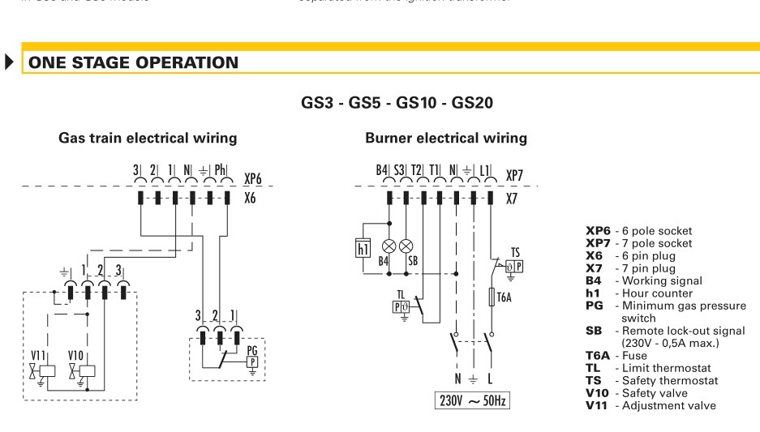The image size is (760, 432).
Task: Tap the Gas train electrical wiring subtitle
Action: tap(148, 139)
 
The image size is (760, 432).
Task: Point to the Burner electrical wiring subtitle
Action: tap(446, 139)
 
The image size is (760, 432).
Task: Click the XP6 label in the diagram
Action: tap(252, 178)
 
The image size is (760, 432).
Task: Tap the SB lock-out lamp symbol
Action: tap(407, 244)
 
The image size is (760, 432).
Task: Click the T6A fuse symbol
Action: tap(490, 298)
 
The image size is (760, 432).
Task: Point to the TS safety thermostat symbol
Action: tap(513, 266)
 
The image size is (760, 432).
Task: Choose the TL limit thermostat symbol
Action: tap(401, 306)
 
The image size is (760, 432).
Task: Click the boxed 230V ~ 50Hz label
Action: tap(472, 401)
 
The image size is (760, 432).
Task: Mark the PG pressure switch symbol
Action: tap(252, 362)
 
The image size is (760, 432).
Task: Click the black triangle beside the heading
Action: tap(11, 62)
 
